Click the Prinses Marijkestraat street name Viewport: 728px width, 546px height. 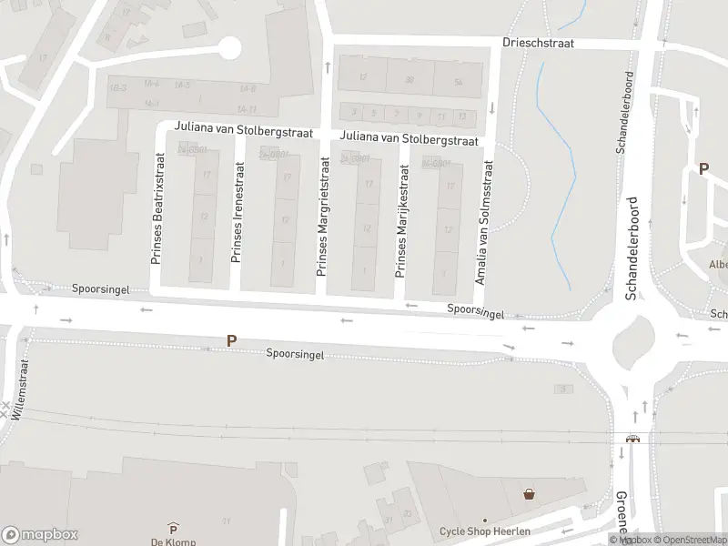pyautogui.click(x=399, y=220)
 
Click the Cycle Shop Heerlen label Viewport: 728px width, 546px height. pyautogui.click(x=484, y=531)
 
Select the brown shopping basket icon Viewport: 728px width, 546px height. pyautogui.click(x=530, y=494)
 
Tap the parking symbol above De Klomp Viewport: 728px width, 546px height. pyautogui.click(x=173, y=528)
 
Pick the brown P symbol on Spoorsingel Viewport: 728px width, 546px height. pyautogui.click(x=232, y=340)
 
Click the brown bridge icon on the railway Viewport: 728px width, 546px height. pyautogui.click(x=632, y=439)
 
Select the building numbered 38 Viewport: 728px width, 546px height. pyautogui.click(x=409, y=79)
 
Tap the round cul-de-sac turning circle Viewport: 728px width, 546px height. pyautogui.click(x=228, y=46)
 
